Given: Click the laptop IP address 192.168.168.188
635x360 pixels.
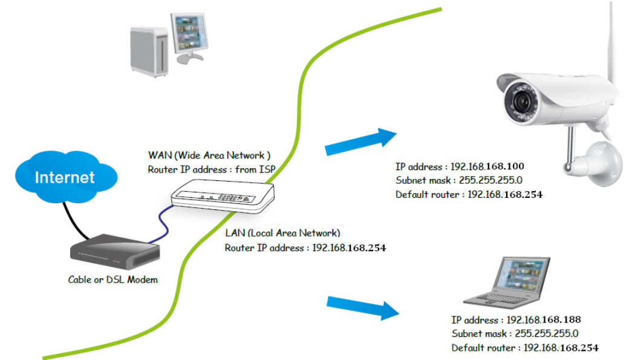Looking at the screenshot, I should pyautogui.click(x=544, y=319).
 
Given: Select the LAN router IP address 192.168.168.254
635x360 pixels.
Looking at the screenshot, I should pyautogui.click(x=348, y=247).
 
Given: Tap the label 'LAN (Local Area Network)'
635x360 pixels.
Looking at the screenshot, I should pyautogui.click(x=282, y=233).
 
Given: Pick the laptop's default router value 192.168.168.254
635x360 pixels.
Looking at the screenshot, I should pyautogui.click(x=561, y=348).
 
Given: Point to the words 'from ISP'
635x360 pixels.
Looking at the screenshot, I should pyautogui.click(x=256, y=170).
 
